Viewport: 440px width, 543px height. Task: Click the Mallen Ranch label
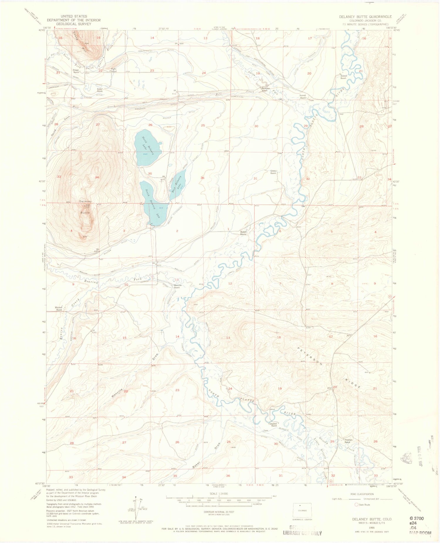(x=243, y=233)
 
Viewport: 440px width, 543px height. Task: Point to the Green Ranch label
(x=273, y=172)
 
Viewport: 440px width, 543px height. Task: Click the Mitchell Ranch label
(x=59, y=308)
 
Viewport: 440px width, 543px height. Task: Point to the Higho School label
(x=114, y=70)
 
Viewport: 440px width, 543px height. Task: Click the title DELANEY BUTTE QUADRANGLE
(x=365, y=17)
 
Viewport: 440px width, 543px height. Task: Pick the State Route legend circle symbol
(x=357, y=505)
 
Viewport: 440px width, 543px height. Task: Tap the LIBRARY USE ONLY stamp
(x=302, y=533)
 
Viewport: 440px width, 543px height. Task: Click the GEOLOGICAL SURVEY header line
(x=74, y=24)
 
